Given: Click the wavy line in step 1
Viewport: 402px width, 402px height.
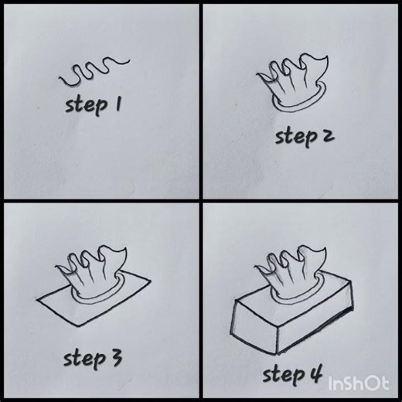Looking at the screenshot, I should point(94,73).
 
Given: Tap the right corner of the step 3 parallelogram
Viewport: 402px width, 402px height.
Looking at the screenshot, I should point(148,278).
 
